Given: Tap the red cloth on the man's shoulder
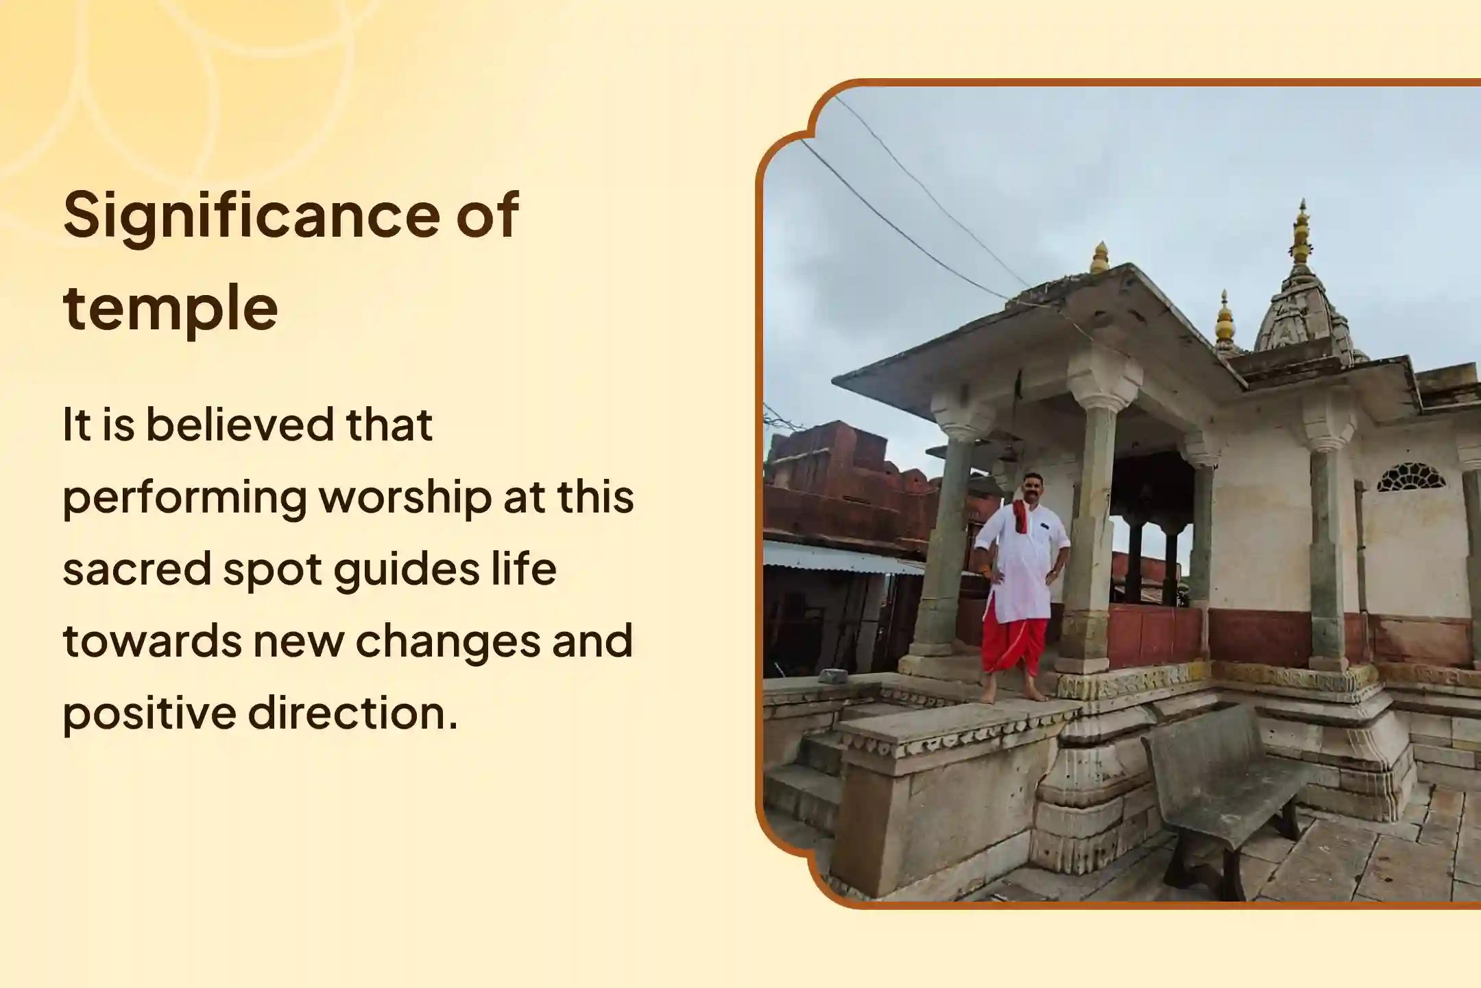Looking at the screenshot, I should point(1020,516).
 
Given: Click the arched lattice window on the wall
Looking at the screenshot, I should point(1410,479).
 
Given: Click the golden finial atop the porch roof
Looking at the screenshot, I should point(1100,258).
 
